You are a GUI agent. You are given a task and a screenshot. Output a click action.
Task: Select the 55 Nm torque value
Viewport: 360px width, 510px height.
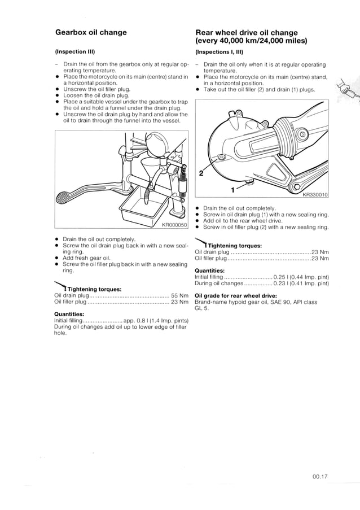tap(179, 295)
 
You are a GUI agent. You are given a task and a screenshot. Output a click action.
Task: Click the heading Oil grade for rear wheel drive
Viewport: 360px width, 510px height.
tap(235, 295)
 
